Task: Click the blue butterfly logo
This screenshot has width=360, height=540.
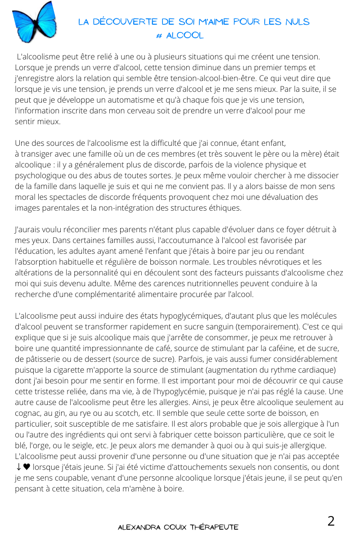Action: (x=34, y=21)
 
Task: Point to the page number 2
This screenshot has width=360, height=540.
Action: (x=331, y=521)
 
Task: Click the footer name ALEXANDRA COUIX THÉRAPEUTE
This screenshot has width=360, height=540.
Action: (x=178, y=526)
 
